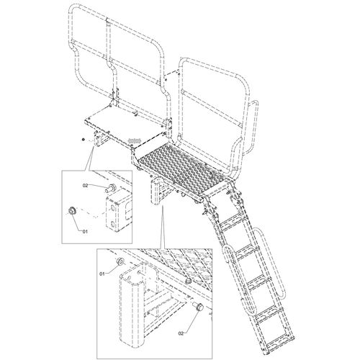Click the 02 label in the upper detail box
pyautogui.click(x=86, y=185)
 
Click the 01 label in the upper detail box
pyautogui.click(x=85, y=231)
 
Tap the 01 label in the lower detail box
pyautogui.click(x=102, y=274)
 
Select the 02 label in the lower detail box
pyautogui.click(x=181, y=333)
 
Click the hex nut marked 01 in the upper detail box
pyautogui.click(x=71, y=210)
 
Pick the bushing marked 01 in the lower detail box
pyautogui.click(x=120, y=261)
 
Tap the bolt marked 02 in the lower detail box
pyautogui.click(x=198, y=307)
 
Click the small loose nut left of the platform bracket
pyautogui.click(x=83, y=140)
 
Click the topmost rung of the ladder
pyautogui.click(x=231, y=224)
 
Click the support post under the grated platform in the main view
pyautogui.click(x=156, y=191)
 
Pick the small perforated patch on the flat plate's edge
pyautogui.click(x=135, y=140)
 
